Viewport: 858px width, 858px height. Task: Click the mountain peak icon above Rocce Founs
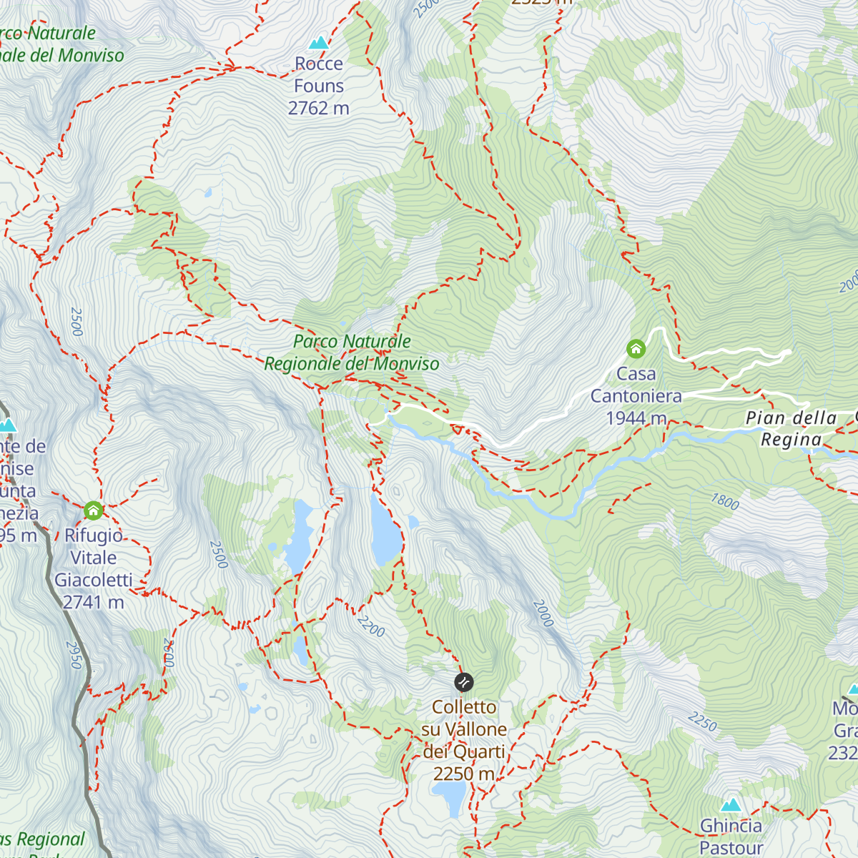click(318, 42)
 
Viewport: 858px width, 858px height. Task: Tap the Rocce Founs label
click(319, 75)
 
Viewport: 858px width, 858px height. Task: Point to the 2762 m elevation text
click(319, 108)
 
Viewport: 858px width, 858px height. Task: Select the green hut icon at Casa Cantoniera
click(636, 349)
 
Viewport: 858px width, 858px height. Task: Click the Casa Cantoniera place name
click(636, 385)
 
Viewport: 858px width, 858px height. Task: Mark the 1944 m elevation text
click(636, 418)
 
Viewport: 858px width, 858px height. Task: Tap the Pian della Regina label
click(791, 428)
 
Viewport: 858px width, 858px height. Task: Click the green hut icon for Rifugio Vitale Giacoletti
click(93, 511)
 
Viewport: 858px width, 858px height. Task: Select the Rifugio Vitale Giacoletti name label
click(94, 558)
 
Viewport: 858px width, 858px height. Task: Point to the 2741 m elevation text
click(94, 603)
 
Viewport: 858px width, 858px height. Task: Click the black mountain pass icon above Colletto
click(463, 682)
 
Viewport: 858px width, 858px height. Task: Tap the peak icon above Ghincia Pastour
click(731, 804)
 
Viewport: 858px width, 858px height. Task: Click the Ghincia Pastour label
click(731, 837)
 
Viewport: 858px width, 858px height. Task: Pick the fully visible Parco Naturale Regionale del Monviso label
click(352, 352)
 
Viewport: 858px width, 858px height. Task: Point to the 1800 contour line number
click(724, 501)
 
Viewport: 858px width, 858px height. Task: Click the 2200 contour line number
click(370, 626)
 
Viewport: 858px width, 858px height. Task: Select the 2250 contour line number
click(702, 722)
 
